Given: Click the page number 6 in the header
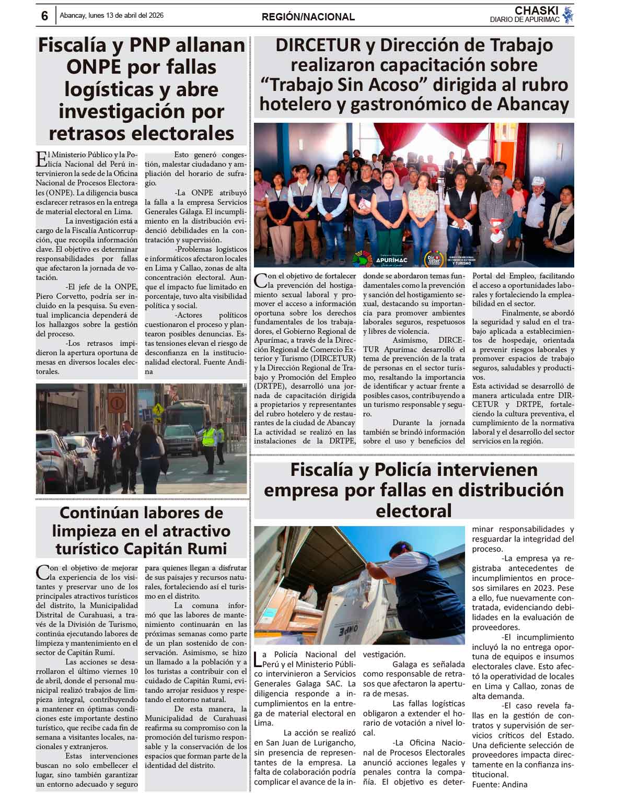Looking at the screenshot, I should (44, 16).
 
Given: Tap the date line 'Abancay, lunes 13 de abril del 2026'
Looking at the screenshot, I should (111, 16).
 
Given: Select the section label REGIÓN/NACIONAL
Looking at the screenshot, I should (308, 17).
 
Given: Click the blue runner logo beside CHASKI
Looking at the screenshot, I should (568, 15).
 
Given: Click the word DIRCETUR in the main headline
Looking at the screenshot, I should (318, 45).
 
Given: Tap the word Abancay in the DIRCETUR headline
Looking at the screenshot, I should (533, 104).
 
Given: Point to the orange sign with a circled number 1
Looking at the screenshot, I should (117, 403).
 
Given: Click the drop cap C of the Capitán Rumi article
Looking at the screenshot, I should (42, 572).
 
